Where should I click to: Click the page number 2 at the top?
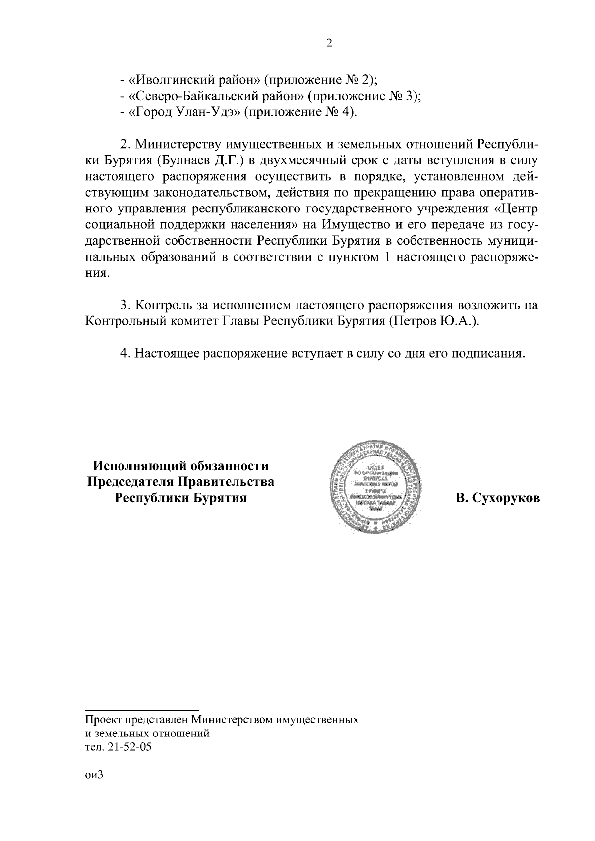tap(329, 43)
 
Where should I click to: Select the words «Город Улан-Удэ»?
tap(184, 112)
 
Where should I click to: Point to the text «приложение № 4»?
tap(300, 112)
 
